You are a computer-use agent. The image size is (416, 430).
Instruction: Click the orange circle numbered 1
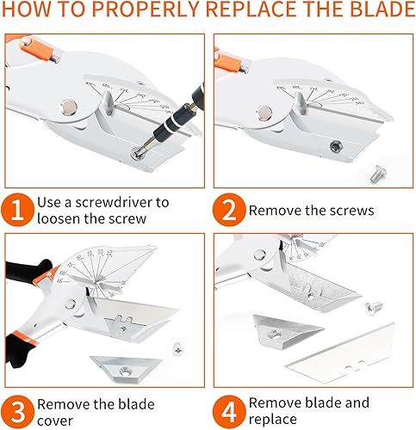click(x=17, y=210)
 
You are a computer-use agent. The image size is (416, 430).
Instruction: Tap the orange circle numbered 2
click(x=229, y=210)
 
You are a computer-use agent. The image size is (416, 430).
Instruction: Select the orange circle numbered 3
click(x=17, y=412)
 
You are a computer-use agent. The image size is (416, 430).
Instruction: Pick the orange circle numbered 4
click(x=229, y=412)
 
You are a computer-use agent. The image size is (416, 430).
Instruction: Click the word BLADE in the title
click(x=382, y=9)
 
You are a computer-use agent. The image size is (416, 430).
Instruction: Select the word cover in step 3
click(x=55, y=421)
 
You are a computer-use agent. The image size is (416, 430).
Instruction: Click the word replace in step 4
click(x=272, y=420)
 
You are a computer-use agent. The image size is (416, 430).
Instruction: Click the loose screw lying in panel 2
click(x=378, y=175)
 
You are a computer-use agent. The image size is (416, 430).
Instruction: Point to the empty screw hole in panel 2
click(x=336, y=147)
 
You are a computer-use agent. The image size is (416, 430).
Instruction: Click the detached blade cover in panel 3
click(x=126, y=369)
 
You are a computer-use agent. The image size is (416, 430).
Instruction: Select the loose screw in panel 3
click(x=178, y=348)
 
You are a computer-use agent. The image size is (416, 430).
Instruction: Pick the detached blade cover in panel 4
click(x=286, y=332)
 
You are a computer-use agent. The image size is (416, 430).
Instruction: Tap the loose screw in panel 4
click(x=374, y=308)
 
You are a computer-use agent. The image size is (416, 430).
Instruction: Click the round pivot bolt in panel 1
click(x=70, y=107)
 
